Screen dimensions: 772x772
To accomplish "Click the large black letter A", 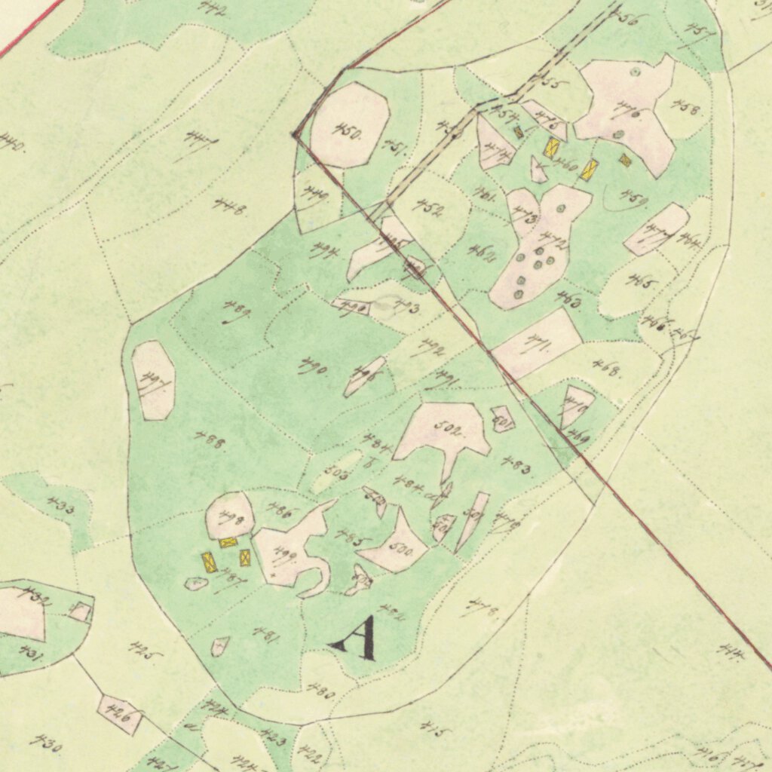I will coord(354,638).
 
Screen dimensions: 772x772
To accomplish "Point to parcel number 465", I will coord(643,283).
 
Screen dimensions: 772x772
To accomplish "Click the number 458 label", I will coord(687,110).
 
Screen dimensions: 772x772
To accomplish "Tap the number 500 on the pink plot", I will coord(400,552).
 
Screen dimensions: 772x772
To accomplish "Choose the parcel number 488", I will coord(210,440).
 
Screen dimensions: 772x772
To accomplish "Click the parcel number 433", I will coord(60,507).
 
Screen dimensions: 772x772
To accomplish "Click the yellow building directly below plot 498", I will coord(228,541).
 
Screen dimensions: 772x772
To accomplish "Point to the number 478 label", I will coord(483,606).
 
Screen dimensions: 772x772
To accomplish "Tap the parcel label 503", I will coord(336,472).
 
